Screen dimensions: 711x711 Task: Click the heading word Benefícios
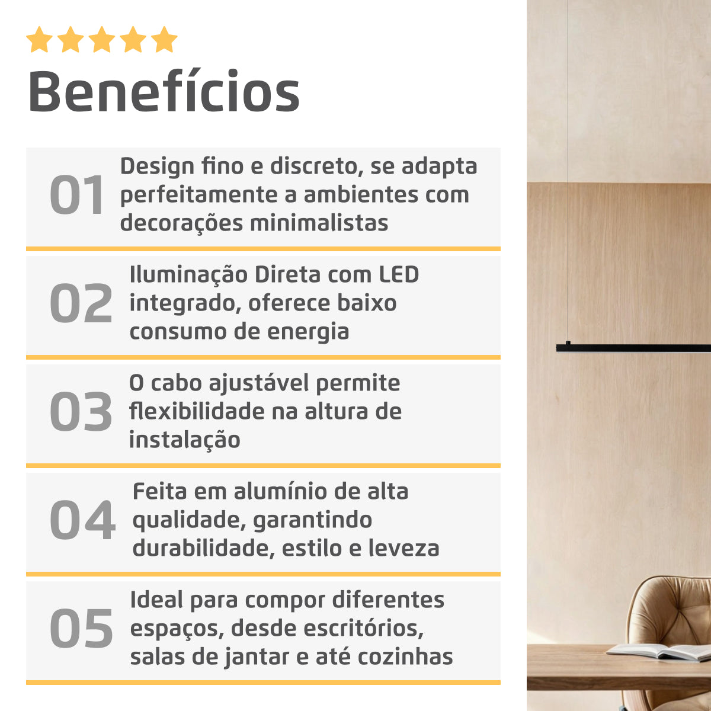tap(164, 92)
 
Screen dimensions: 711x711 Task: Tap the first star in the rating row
tap(39, 40)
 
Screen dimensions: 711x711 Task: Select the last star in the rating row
tap(164, 40)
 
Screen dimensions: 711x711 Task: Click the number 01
tap(77, 196)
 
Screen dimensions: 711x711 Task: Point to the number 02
tap(81, 304)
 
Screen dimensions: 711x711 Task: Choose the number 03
tap(81, 412)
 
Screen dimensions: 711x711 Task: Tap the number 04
tap(82, 521)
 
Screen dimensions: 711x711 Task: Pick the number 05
tap(81, 629)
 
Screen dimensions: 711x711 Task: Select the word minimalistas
tap(319, 223)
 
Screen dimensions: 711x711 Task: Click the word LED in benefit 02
tap(399, 275)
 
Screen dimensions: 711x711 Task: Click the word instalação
tap(184, 440)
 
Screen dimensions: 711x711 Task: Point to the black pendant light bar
tap(634, 348)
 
